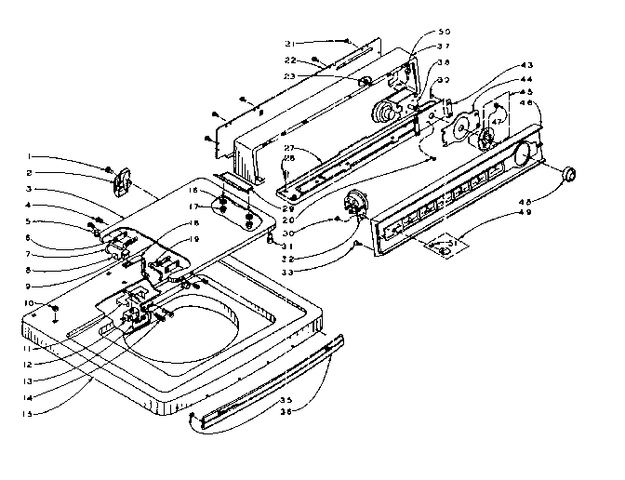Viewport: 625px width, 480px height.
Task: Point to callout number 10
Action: pyautogui.click(x=30, y=304)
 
